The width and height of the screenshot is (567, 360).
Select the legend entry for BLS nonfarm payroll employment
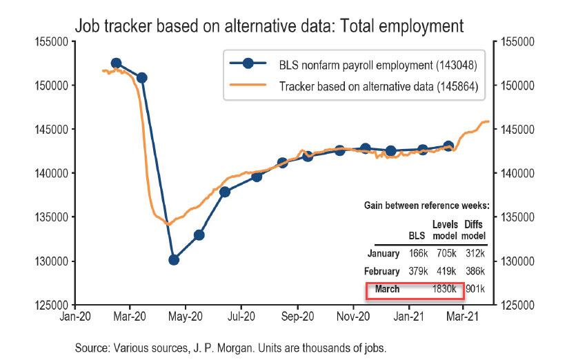pyautogui.click(x=378, y=65)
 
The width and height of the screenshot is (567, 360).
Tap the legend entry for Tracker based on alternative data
pyautogui.click(x=378, y=87)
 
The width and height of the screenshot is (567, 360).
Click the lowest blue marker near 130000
pyautogui.click(x=174, y=260)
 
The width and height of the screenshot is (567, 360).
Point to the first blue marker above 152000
pyautogui.click(x=116, y=63)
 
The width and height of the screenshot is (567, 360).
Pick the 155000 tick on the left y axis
pyautogui.click(x=52, y=42)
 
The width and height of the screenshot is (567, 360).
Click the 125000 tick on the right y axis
pyautogui.click(x=518, y=305)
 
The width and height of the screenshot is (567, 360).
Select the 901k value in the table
pyautogui.click(x=473, y=290)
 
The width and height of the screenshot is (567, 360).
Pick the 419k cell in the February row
pyautogui.click(x=445, y=272)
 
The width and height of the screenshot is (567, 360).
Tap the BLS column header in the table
pyautogui.click(x=417, y=236)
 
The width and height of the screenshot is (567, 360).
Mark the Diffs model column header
pyautogui.click(x=474, y=230)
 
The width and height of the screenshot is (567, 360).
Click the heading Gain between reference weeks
pyautogui.click(x=426, y=206)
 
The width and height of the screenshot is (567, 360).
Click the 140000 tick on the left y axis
pyautogui.click(x=52, y=173)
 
